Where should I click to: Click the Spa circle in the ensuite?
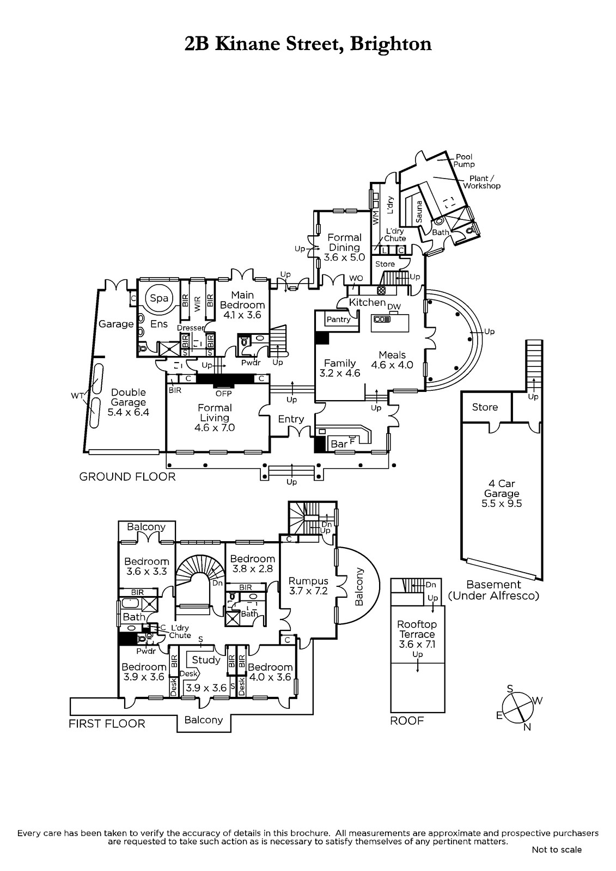click(x=159, y=298)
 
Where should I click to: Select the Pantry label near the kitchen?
click(x=338, y=320)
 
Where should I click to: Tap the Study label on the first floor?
click(x=206, y=660)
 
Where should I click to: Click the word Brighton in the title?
click(x=391, y=44)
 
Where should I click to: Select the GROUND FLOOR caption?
click(x=127, y=477)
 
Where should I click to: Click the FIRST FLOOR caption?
click(x=107, y=723)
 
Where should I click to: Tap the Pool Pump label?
click(x=464, y=161)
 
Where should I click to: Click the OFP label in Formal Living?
click(x=223, y=393)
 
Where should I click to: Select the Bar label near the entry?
click(x=339, y=444)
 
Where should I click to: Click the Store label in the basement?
click(x=485, y=407)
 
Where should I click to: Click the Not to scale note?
click(x=557, y=850)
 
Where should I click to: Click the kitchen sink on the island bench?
click(x=381, y=319)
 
